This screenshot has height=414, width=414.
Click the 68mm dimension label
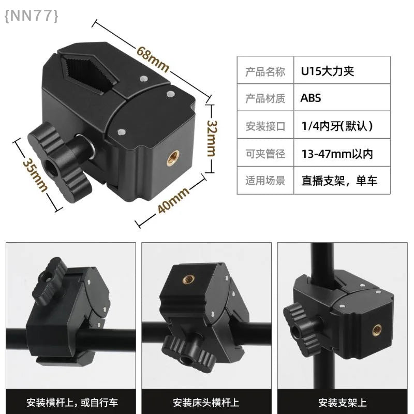[152, 59]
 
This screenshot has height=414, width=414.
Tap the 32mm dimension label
[211, 138]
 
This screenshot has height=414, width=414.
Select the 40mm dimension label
[173, 200]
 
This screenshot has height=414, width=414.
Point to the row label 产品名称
[265, 71]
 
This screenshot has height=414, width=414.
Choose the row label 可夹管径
[265, 154]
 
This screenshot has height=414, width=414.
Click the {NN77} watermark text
[31, 16]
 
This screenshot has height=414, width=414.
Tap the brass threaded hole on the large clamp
[173, 158]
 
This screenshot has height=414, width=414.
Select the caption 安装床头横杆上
[206, 403]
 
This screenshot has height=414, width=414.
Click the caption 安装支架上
[342, 403]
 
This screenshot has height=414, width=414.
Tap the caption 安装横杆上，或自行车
[72, 403]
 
